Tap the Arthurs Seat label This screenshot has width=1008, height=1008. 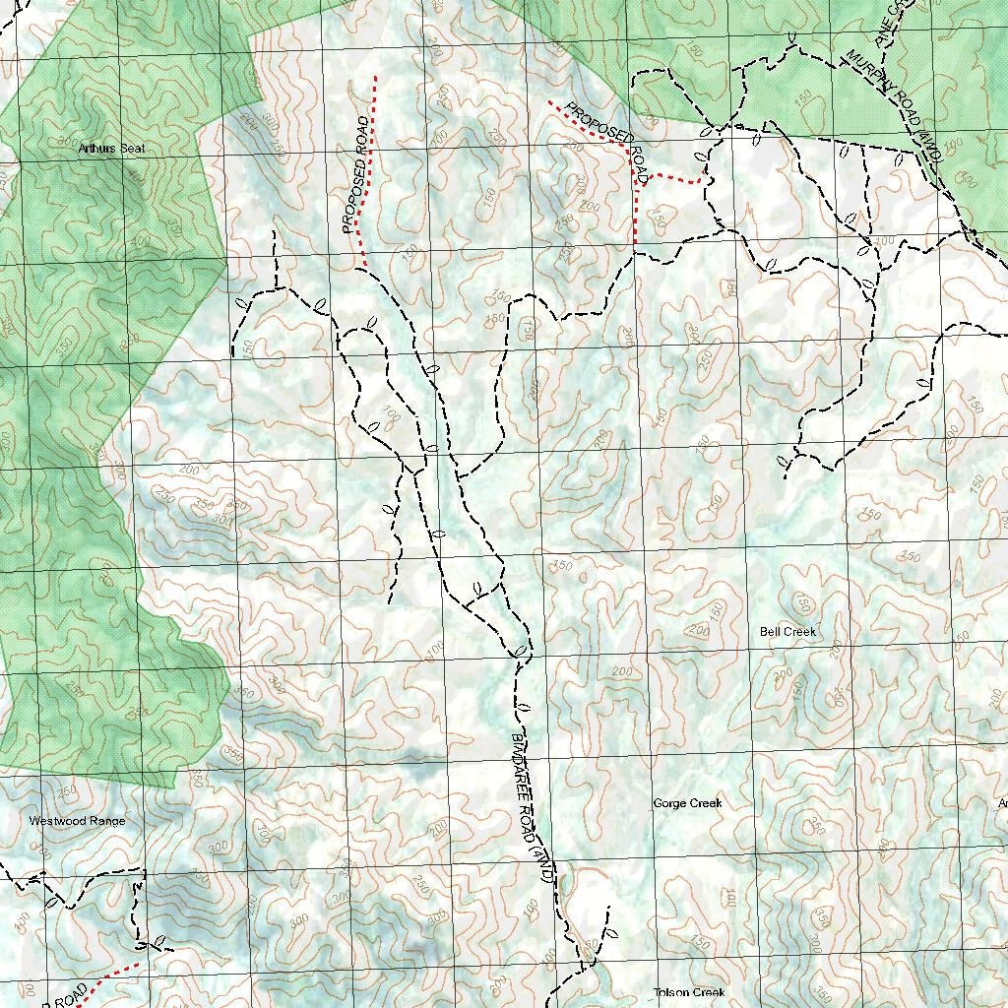point(111,149)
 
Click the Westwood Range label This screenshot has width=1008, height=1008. point(77,821)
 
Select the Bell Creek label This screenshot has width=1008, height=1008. point(788,631)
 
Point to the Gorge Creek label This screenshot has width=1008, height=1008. point(687,803)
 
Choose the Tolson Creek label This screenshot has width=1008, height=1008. point(689,992)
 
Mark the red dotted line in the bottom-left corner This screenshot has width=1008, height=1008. point(110,975)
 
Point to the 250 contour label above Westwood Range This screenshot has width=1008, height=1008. point(66,790)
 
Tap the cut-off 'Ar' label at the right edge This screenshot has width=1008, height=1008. point(1002,804)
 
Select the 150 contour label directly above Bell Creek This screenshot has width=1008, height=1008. point(802,602)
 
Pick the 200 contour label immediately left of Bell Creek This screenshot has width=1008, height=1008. point(700,630)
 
